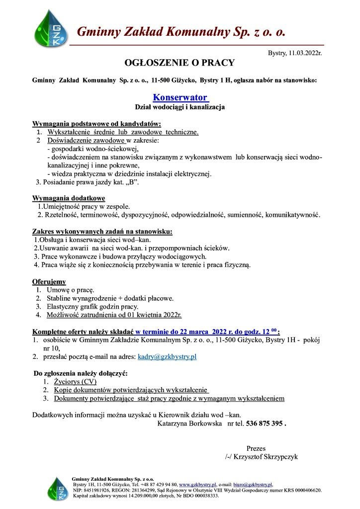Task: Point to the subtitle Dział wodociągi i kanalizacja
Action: (180, 107)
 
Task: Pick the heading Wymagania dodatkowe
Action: (69, 198)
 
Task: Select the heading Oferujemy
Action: (49, 281)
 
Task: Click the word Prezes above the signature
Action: (256, 448)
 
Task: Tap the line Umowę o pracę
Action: (71, 290)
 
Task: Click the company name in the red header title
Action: (181, 33)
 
